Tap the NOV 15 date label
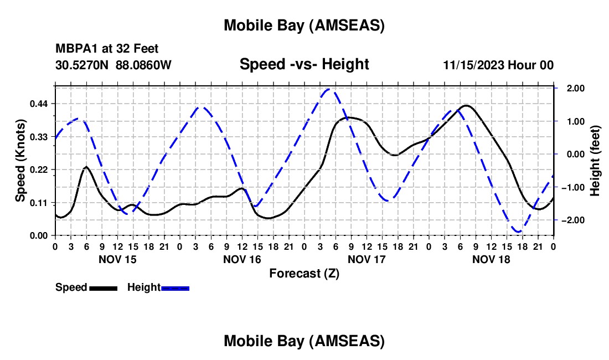pyautogui.click(x=117, y=259)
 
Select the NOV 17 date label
pyautogui.click(x=366, y=259)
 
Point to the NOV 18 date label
pyautogui.click(x=491, y=259)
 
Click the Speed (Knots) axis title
pyautogui.click(x=20, y=161)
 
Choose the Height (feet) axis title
pyautogui.click(x=595, y=161)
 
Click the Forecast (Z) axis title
pyautogui.click(x=304, y=273)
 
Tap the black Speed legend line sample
pyautogui.click(x=103, y=287)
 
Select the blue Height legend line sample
pyautogui.click(x=176, y=287)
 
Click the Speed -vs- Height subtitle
pyautogui.click(x=304, y=64)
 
